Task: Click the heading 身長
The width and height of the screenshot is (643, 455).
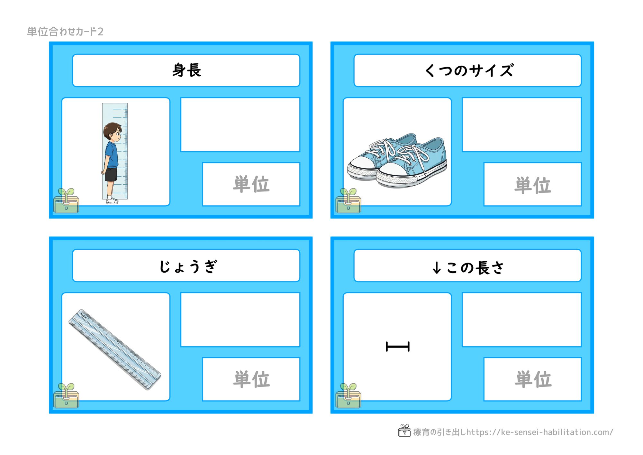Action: coord(186,70)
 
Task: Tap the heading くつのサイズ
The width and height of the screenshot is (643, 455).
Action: coord(469,70)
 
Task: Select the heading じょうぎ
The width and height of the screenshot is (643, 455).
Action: coord(188,266)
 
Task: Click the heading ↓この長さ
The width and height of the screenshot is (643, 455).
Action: coord(468,267)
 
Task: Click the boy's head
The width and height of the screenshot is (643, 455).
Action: coord(113,132)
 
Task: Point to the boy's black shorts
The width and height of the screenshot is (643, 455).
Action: coord(111,174)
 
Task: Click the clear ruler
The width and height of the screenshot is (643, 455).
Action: coord(115,349)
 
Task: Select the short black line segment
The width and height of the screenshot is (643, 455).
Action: coord(398,347)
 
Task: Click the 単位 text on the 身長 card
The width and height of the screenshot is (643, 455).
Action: coord(251,184)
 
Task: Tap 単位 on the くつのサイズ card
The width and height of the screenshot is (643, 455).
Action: coord(533,185)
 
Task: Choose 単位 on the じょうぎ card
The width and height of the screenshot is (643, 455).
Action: coord(251,379)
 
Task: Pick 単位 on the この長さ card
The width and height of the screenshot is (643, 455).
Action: coord(533,379)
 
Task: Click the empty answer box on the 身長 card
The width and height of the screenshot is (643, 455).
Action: coord(240,125)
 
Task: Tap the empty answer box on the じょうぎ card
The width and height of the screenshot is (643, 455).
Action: coord(240,320)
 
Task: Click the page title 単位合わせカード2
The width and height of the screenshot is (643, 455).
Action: coord(65,32)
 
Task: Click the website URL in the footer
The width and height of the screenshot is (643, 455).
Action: coord(540,432)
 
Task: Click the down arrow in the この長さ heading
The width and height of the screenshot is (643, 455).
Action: coord(437,267)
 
